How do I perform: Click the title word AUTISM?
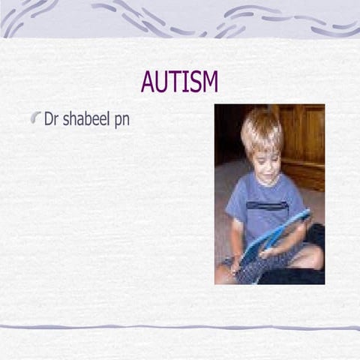(x=179, y=81)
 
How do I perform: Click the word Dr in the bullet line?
(x=51, y=119)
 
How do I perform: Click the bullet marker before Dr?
(x=35, y=118)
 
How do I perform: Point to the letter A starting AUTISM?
(x=148, y=81)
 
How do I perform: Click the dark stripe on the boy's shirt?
(x=267, y=205)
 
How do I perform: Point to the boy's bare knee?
(x=311, y=257)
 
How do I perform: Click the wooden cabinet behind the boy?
(x=304, y=142)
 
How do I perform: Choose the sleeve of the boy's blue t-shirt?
(x=234, y=206)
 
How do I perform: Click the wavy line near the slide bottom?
(x=180, y=327)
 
